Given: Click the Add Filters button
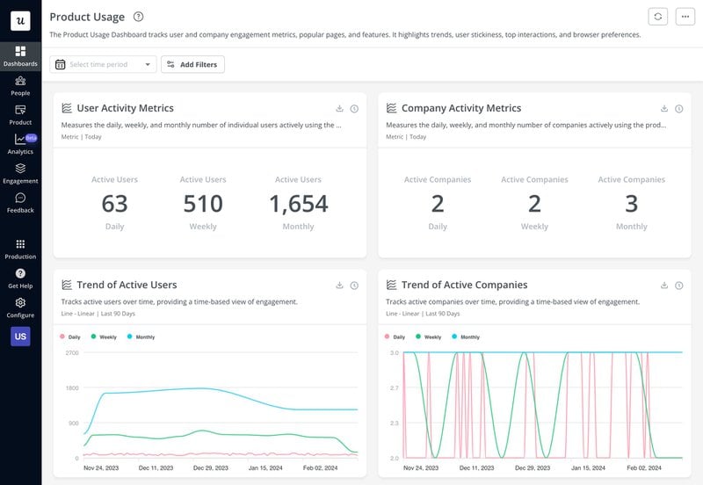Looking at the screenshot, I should coord(192,64).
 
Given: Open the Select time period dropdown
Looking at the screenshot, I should coord(104,64).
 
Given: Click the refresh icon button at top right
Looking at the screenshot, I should coord(657,17).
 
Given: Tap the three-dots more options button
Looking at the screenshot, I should coord(685,17).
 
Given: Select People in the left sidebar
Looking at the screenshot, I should coord(20,85).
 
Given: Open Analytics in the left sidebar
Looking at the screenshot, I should coord(20,144).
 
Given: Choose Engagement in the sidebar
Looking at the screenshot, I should coord(20,173).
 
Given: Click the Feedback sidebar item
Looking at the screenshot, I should coord(20,203).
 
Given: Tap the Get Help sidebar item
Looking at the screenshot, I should coord(20,279).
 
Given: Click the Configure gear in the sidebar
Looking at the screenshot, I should coord(20,308).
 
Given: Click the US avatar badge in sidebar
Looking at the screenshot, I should coord(20,336).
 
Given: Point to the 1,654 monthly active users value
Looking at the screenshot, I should coord(298,204).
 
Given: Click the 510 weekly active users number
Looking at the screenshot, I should coord(203,204).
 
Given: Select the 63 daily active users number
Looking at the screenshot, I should coord(114,204).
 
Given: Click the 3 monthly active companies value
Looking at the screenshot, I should coord(631,204).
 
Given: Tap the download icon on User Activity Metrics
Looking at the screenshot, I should coord(339,109).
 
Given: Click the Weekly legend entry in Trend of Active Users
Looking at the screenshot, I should coord(104,337).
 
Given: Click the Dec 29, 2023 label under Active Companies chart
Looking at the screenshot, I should coord(508,469).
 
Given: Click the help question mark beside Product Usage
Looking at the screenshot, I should coord(138,17).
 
